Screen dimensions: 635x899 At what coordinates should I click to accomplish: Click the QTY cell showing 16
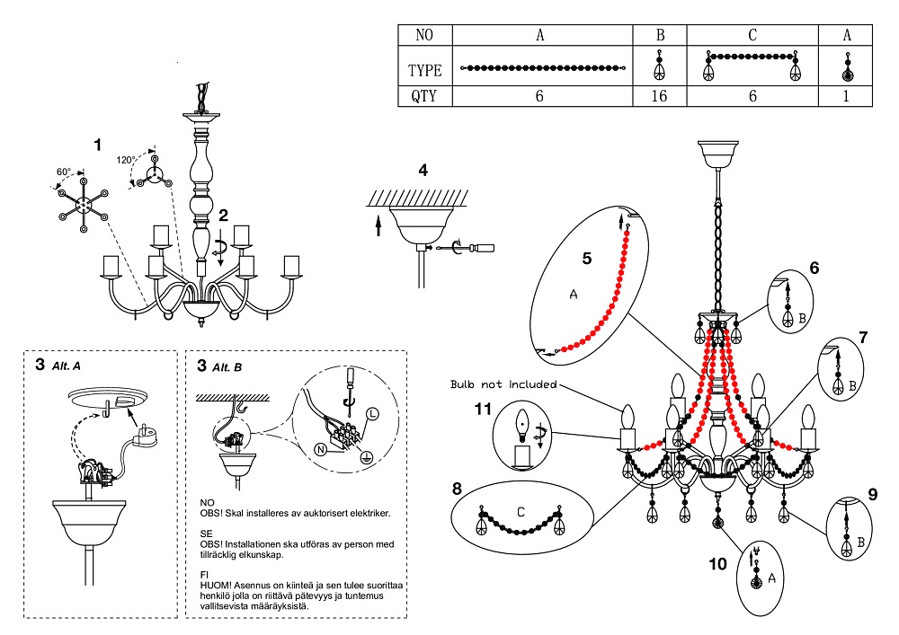point(659,96)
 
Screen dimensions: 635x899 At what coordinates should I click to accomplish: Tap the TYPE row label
point(424,70)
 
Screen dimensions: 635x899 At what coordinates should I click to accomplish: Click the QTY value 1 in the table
point(846,96)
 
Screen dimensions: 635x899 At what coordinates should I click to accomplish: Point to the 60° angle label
point(64,172)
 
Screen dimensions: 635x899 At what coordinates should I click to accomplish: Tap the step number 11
point(484,409)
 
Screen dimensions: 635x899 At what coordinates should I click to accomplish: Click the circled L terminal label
point(370,416)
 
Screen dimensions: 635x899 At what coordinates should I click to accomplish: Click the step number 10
point(717,564)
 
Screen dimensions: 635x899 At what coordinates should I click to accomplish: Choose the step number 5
point(586,258)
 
